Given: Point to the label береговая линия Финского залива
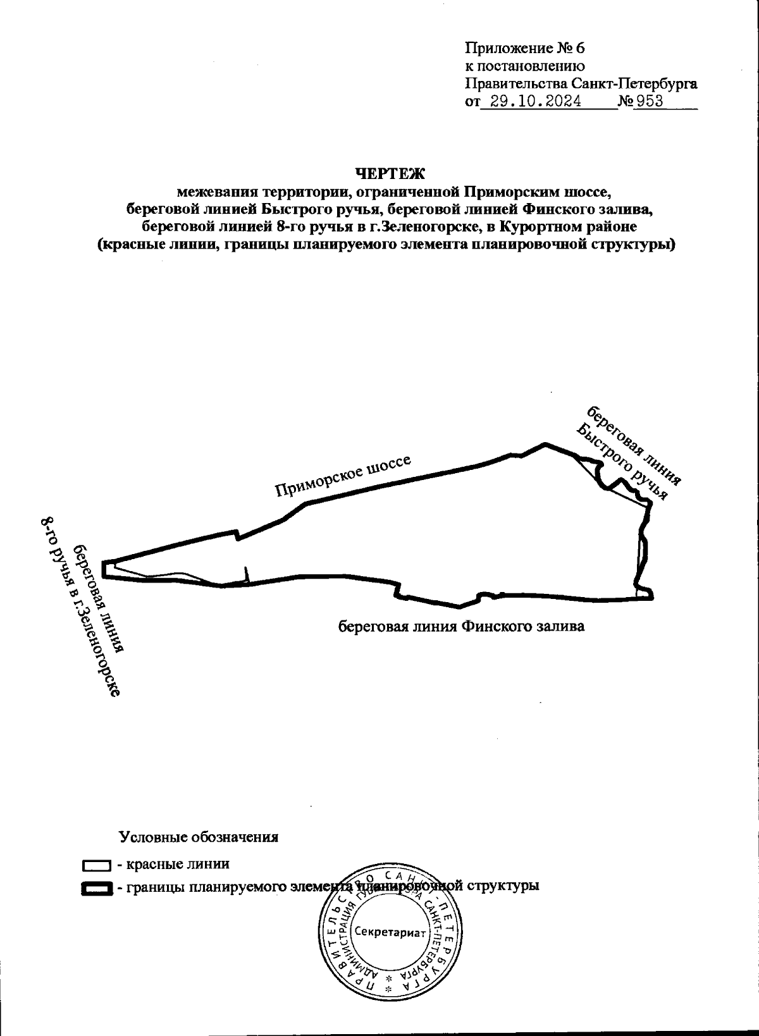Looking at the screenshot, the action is [460, 627].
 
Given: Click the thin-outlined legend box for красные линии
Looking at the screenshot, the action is [97, 865].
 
